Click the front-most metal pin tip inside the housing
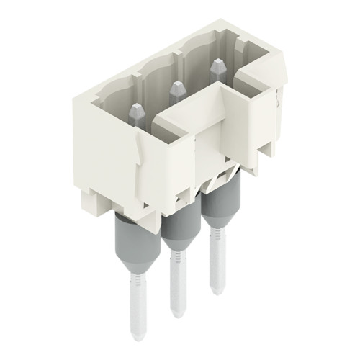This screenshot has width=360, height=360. [x=136, y=111]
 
